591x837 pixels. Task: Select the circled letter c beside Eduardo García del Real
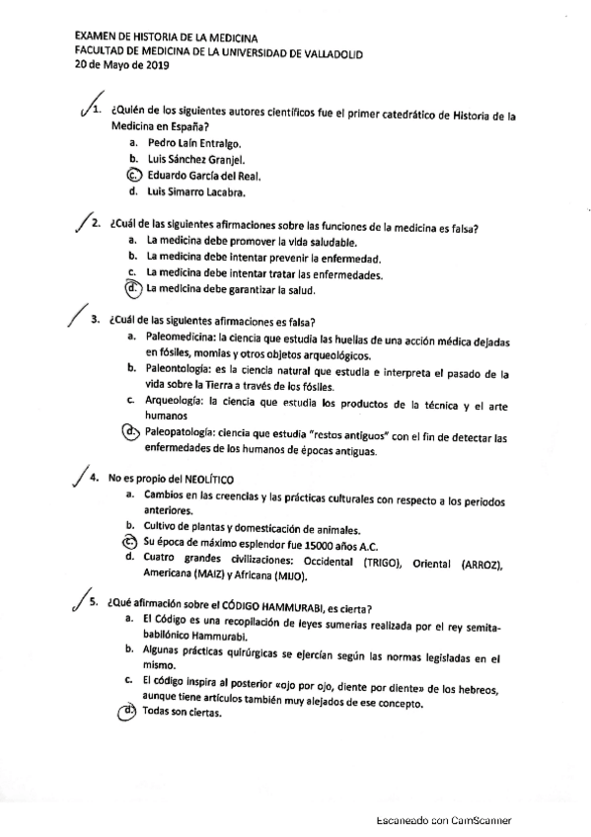(x=134, y=175)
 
